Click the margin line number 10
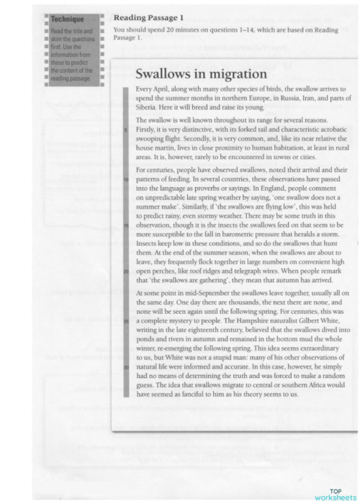coord(126,177)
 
